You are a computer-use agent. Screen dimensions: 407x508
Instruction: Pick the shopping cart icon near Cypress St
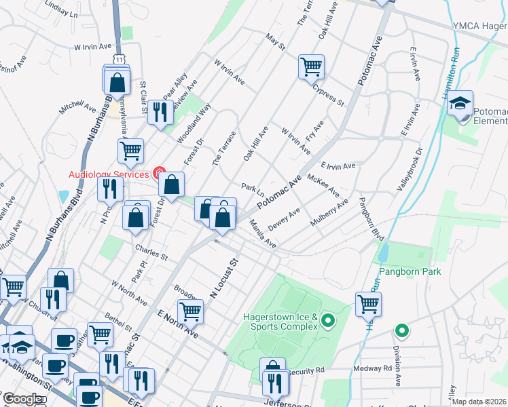click(x=311, y=66)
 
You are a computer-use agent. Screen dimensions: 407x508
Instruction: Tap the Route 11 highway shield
click(x=119, y=60)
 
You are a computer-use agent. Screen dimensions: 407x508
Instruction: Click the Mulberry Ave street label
click(x=329, y=212)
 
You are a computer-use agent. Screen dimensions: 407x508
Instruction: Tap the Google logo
click(x=22, y=400)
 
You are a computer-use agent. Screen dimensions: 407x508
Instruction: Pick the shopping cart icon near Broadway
click(x=191, y=311)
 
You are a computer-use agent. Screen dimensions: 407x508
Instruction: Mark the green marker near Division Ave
click(x=402, y=332)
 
